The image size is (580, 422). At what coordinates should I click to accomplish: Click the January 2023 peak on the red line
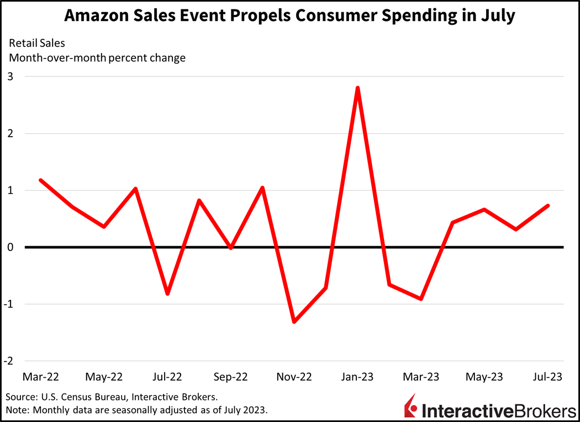coord(357,88)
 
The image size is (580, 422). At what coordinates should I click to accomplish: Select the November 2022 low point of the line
coord(294,321)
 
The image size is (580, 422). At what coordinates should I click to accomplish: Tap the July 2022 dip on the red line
coord(167,293)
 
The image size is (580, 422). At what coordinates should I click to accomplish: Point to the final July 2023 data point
coord(547,206)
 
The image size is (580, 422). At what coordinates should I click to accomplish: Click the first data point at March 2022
coord(40,180)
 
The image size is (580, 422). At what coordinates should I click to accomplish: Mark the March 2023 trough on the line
coord(421,299)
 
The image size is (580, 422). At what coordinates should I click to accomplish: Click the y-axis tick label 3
coord(10,76)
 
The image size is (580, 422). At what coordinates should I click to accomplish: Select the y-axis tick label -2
coord(8,361)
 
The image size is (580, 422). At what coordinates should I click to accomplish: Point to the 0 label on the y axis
coord(10,247)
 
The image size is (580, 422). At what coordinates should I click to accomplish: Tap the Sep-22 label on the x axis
coord(230,377)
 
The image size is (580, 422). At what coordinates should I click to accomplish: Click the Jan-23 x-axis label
coord(357,377)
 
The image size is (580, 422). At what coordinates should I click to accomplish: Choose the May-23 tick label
coord(484,377)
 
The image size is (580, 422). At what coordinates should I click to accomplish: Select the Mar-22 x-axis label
coord(40,377)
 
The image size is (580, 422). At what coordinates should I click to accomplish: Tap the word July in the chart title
coord(495,16)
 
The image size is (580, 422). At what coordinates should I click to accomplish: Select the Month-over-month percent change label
coord(97,58)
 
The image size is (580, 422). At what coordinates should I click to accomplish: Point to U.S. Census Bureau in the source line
coord(81,397)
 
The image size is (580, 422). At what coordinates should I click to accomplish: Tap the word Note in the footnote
coord(17,410)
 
